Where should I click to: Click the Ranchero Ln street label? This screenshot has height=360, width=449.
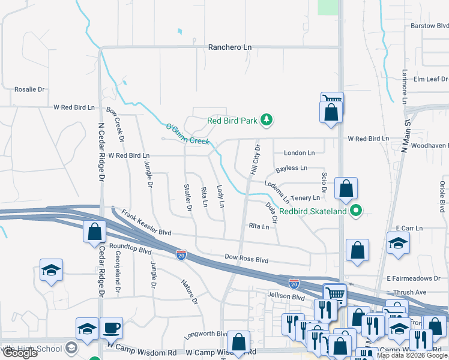coord(229,47)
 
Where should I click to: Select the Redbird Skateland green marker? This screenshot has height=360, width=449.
coord(356,211)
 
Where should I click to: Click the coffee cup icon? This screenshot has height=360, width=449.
coord(112,328)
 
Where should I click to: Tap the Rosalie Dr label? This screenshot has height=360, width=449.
coord(29,89)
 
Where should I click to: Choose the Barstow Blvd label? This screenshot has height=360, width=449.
coord(429,26)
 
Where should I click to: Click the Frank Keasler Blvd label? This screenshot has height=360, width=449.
coord(146,223)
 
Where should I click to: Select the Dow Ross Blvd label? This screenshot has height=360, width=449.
coord(246,259)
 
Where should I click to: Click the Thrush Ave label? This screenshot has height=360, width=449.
coord(410,292)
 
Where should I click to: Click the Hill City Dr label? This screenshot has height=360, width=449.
coord(255,160)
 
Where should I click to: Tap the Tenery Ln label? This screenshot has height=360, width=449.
coord(306,197)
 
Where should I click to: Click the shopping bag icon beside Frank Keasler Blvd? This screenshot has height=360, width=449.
coord(94,232)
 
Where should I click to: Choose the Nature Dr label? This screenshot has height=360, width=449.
coord(190,291)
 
